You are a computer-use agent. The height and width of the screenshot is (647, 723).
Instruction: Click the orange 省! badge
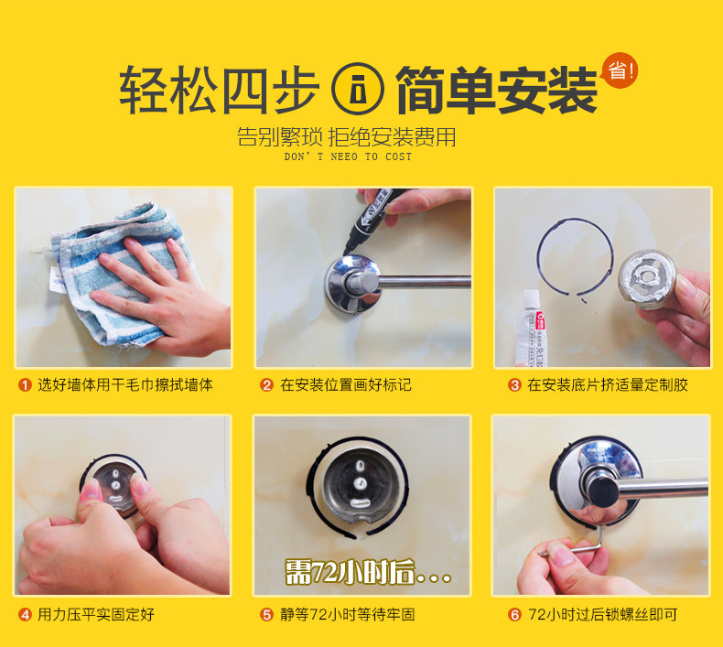(x=620, y=70)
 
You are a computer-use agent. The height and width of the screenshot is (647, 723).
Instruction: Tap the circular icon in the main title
(x=357, y=89)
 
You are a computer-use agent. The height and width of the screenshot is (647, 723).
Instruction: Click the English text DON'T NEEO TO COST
(x=348, y=156)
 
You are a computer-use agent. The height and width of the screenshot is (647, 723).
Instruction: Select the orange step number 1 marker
(x=25, y=384)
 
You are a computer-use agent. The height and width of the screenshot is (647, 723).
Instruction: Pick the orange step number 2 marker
(x=266, y=384)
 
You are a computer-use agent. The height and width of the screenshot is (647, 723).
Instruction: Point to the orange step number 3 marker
(x=514, y=384)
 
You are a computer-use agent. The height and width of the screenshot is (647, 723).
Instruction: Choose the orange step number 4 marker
(x=25, y=614)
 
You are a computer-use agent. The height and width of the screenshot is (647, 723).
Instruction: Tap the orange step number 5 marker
(x=266, y=614)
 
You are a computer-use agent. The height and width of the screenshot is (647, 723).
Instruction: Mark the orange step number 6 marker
(x=514, y=614)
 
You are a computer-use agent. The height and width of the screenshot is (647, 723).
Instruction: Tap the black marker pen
(x=373, y=217)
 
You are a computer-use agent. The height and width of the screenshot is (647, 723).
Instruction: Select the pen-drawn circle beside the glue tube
(x=537, y=258)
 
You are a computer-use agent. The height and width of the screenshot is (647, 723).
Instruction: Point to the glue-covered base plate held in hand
(x=647, y=279)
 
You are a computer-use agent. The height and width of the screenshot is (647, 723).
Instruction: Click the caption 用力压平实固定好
(x=96, y=614)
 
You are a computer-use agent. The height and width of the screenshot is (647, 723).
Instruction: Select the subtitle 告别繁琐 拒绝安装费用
(x=347, y=137)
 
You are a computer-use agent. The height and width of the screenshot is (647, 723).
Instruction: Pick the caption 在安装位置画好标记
(x=346, y=384)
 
